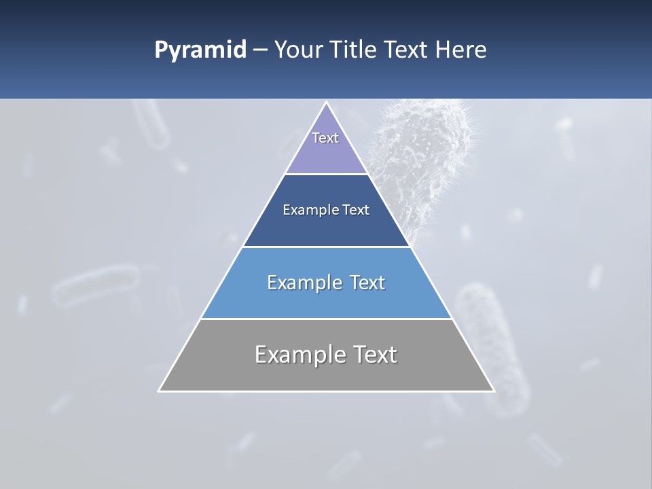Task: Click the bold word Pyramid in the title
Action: (x=200, y=50)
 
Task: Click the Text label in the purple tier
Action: (x=325, y=138)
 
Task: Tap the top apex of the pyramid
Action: (x=326, y=103)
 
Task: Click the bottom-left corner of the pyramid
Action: (x=160, y=391)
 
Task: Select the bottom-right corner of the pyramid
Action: (x=493, y=391)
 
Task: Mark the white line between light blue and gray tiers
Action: (x=326, y=319)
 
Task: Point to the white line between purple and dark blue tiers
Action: (x=326, y=174)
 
